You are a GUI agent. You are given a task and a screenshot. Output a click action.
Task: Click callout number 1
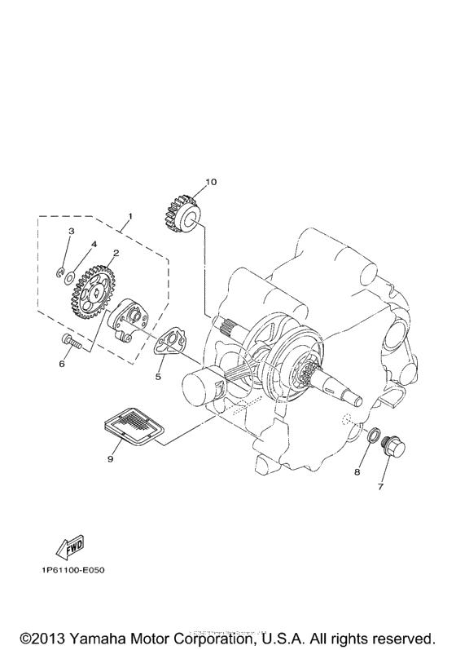pyautogui.click(x=129, y=217)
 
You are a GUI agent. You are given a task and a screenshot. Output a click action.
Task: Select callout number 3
pyautogui.click(x=72, y=231)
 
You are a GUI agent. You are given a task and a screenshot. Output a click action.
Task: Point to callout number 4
pyautogui.click(x=94, y=243)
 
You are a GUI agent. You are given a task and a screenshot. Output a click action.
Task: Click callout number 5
pyautogui.click(x=160, y=377)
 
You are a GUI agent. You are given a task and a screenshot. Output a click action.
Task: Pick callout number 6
pyautogui.click(x=61, y=364)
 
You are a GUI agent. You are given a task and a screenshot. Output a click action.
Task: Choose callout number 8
pyautogui.click(x=356, y=471)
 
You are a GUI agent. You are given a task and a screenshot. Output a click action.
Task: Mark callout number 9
pyautogui.click(x=109, y=458)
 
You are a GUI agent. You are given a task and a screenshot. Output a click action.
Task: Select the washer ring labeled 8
pyautogui.click(x=375, y=440)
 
